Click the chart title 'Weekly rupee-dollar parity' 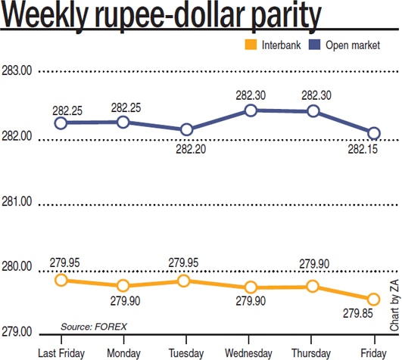click(160, 17)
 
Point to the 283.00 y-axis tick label click(17, 72)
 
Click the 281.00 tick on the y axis click(17, 203)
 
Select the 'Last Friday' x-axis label click(61, 353)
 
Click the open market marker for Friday click(373, 133)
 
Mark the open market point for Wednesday click(251, 110)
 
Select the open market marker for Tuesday click(186, 130)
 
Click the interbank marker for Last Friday click(61, 280)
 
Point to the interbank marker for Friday click(373, 299)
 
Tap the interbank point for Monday click(123, 286)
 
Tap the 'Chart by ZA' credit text click(394, 303)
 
